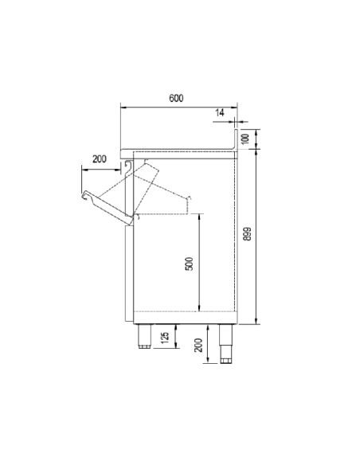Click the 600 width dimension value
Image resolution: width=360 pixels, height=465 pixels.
click(x=177, y=98)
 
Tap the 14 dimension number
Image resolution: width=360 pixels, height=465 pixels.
click(x=219, y=114)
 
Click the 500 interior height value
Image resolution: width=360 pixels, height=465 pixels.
click(x=189, y=263)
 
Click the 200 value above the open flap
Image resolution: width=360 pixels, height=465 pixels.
click(x=99, y=159)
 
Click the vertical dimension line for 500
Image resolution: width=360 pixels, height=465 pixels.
click(x=198, y=263)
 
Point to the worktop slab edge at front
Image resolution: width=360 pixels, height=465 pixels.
click(x=123, y=150)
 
